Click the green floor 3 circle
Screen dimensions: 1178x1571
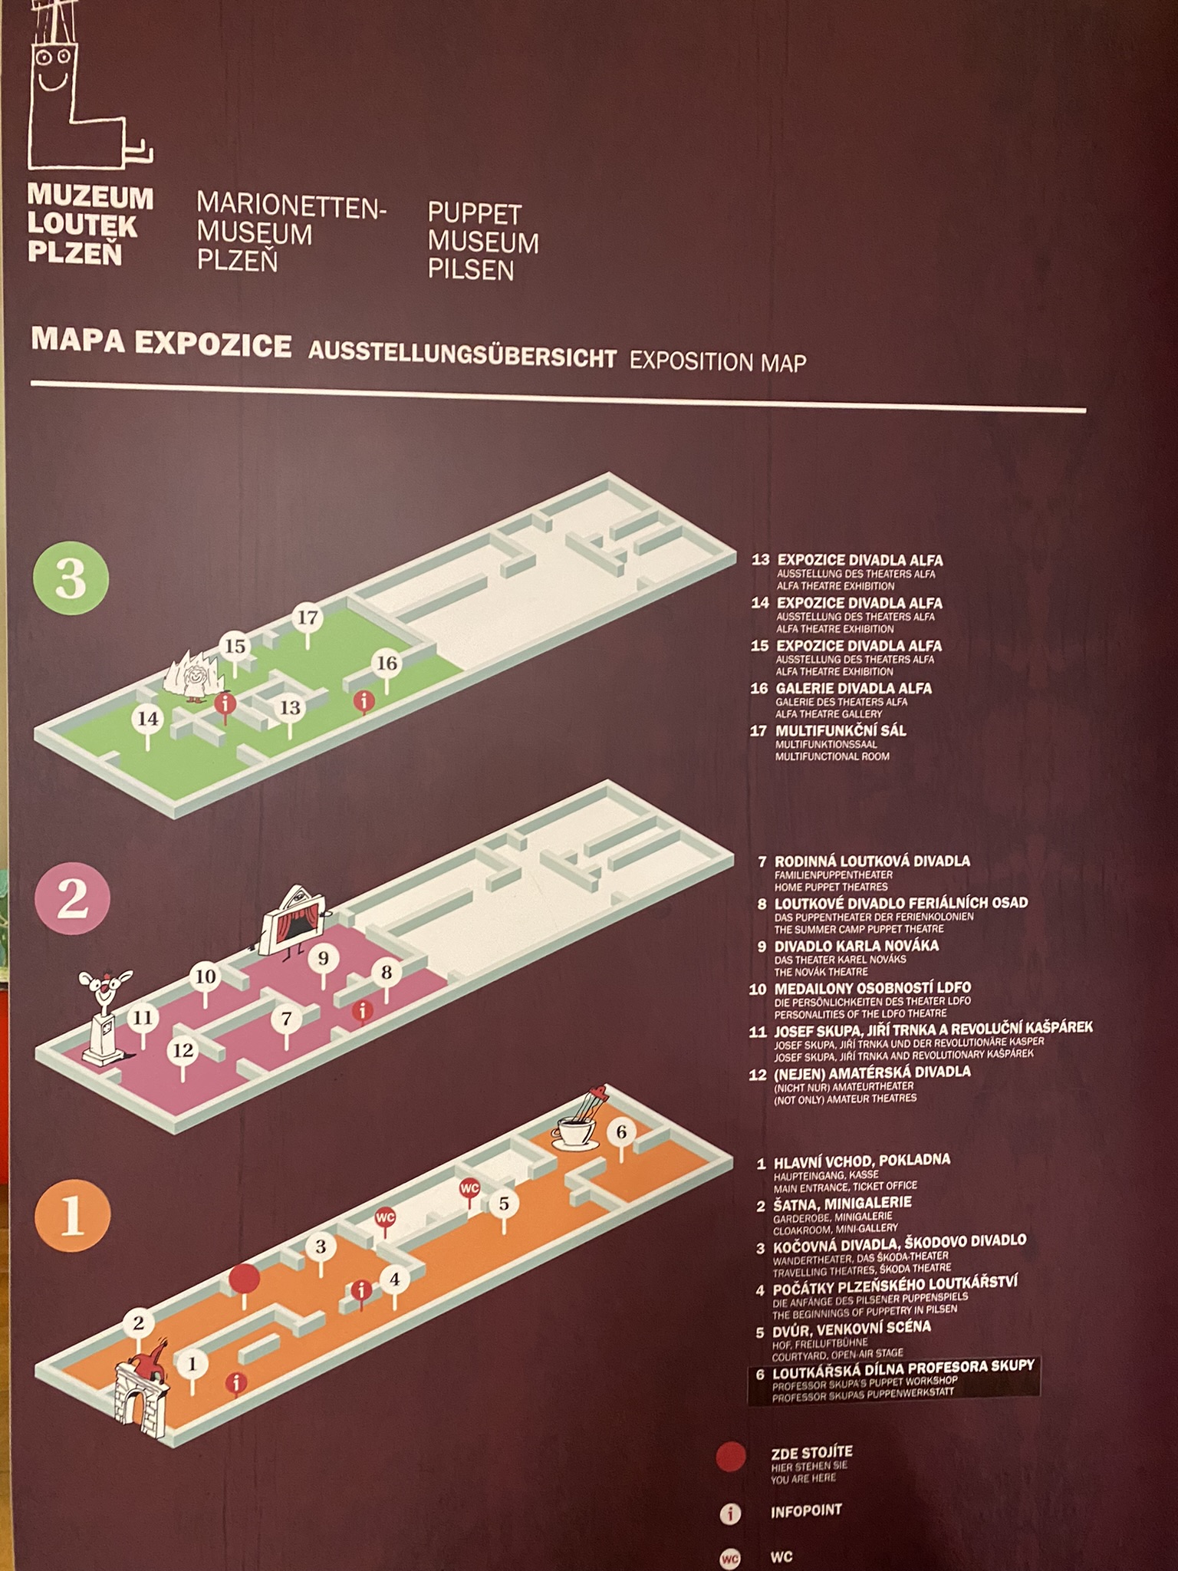pyautogui.click(x=71, y=577)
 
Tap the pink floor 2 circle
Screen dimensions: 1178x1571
pyautogui.click(x=73, y=898)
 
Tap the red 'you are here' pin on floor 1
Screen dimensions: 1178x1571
pyautogui.click(x=245, y=1283)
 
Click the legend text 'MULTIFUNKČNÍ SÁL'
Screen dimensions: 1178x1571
pyautogui.click(x=841, y=731)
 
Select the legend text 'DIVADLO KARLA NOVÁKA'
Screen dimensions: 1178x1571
pyautogui.click(x=856, y=947)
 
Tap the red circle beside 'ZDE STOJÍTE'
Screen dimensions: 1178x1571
pyautogui.click(x=730, y=1457)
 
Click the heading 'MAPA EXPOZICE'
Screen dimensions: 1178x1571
pyautogui.click(x=161, y=344)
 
